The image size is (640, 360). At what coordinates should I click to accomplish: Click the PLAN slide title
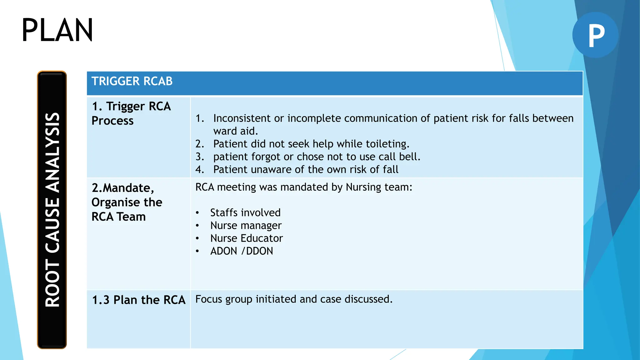pyautogui.click(x=57, y=30)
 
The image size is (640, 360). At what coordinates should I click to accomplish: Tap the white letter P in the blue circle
pyautogui.click(x=596, y=35)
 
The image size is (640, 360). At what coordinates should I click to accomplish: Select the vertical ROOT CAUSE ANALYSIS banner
pyautogui.click(x=52, y=209)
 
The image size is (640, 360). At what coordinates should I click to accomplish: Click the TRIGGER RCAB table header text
pyautogui.click(x=132, y=81)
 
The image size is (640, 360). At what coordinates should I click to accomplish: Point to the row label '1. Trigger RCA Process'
pyautogui.click(x=131, y=113)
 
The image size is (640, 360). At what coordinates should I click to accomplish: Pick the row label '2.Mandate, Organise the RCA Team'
pyautogui.click(x=127, y=202)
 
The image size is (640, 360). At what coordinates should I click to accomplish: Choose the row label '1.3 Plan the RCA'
pyautogui.click(x=138, y=300)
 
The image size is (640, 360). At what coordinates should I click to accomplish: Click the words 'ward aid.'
pyautogui.click(x=236, y=131)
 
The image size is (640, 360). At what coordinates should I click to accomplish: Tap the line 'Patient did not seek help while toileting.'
pyautogui.click(x=311, y=144)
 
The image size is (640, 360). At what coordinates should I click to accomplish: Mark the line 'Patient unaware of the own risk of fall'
pyautogui.click(x=306, y=169)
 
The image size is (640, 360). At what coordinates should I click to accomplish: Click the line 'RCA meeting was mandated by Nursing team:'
pyautogui.click(x=304, y=187)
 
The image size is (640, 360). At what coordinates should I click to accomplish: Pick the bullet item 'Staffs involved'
pyautogui.click(x=245, y=213)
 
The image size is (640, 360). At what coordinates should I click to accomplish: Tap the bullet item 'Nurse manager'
pyautogui.click(x=246, y=226)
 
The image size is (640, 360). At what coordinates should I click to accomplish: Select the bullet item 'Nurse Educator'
pyautogui.click(x=247, y=238)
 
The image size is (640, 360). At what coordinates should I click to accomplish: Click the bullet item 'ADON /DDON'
pyautogui.click(x=242, y=251)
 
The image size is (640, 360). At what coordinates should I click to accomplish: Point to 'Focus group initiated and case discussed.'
pyautogui.click(x=294, y=299)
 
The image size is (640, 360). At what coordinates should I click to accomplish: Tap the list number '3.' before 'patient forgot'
pyautogui.click(x=200, y=157)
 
